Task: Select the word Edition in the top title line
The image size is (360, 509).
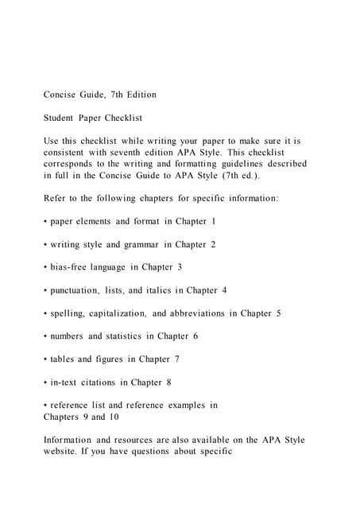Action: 138,95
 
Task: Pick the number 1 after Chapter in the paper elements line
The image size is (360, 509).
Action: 213,220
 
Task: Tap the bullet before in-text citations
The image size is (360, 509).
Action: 45,383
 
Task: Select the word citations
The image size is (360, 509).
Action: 106,383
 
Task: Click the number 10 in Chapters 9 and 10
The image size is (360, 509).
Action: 99,417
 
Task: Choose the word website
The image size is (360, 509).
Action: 64,451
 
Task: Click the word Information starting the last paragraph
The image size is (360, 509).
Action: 69,440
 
